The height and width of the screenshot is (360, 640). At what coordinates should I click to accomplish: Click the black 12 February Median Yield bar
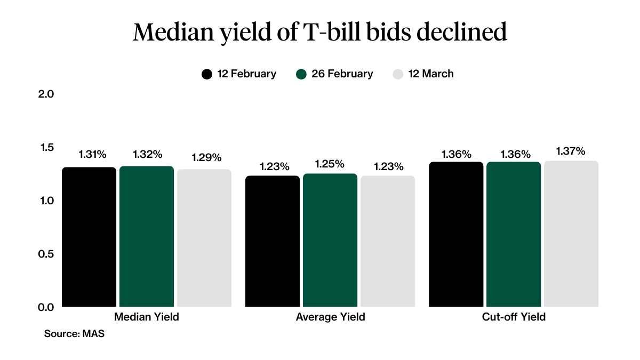(89, 237)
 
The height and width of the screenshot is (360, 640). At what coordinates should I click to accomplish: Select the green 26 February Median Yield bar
(147, 237)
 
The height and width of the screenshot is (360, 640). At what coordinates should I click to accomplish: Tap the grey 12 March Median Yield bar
(204, 238)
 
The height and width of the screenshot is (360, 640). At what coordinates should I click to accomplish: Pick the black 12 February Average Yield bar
(273, 242)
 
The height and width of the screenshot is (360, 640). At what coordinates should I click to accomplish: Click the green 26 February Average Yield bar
(330, 241)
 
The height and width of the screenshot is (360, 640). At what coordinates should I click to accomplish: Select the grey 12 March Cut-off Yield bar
(571, 234)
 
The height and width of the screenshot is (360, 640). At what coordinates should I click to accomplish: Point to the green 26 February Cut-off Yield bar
(514, 235)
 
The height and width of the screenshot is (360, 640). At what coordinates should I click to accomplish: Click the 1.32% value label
(147, 155)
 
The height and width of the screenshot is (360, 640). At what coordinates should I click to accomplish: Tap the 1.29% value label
(206, 158)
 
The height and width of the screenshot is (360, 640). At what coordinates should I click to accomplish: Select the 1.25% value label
(330, 164)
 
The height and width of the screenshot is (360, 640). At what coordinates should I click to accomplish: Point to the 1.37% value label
(571, 151)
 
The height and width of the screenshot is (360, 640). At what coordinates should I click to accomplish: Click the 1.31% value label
(93, 155)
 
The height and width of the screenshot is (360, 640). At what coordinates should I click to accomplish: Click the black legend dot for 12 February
(207, 74)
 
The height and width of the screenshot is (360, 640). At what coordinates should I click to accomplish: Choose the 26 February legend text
(342, 74)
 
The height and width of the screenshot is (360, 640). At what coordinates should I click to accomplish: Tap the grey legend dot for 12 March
(398, 74)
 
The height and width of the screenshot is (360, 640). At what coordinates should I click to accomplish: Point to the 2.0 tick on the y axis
(47, 94)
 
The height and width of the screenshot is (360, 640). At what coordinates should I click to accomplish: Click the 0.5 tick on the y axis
(47, 254)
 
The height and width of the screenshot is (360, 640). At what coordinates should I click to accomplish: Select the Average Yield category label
(330, 317)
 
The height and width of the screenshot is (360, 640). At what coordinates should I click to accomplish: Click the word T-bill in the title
(339, 33)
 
